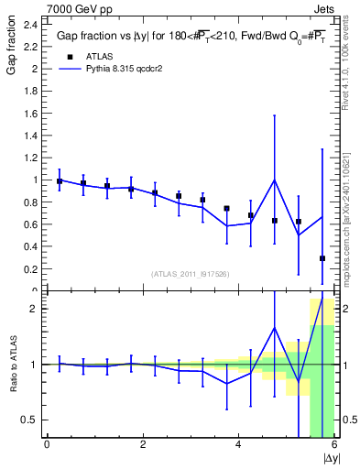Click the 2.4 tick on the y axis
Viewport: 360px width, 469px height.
[x=31, y=25]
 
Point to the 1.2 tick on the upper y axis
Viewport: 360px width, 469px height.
[x=31, y=158]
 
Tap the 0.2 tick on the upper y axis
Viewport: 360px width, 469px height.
[x=31, y=269]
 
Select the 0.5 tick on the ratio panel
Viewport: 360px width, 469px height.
[x=33, y=420]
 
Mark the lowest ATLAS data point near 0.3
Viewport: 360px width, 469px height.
[x=322, y=258]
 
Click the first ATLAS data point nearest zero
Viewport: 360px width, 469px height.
[x=60, y=181]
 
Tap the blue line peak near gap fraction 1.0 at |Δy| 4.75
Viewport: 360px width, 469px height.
[x=275, y=180]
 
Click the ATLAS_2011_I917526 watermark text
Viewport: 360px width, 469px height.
[x=191, y=274]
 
